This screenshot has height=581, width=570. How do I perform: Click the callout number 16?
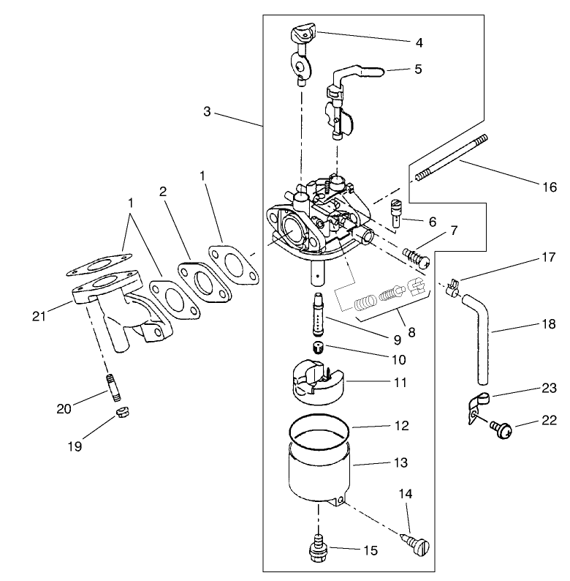click(x=549, y=187)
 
